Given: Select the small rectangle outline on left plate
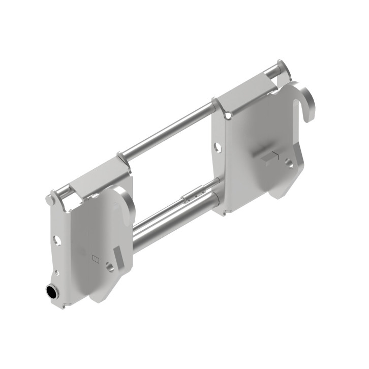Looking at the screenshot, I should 94,258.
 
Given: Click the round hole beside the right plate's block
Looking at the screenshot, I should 289,163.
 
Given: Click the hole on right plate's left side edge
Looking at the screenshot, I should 218,148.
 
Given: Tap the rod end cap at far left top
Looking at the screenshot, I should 50,199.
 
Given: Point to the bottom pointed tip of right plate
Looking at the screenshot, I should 279,196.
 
